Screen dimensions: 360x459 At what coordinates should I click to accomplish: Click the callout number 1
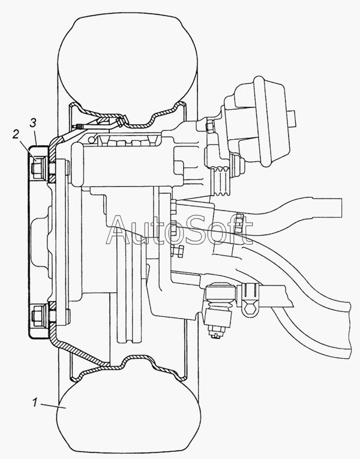point(35,403)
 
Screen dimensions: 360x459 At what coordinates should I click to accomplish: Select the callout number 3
point(33,122)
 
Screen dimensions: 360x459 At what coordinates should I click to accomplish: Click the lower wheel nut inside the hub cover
point(38,316)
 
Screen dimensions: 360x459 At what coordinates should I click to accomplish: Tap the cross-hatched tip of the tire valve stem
point(79,127)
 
